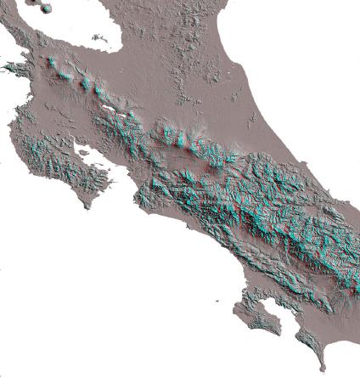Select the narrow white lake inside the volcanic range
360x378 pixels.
[110, 108]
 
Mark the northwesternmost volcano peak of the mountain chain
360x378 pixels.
[51, 62]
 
